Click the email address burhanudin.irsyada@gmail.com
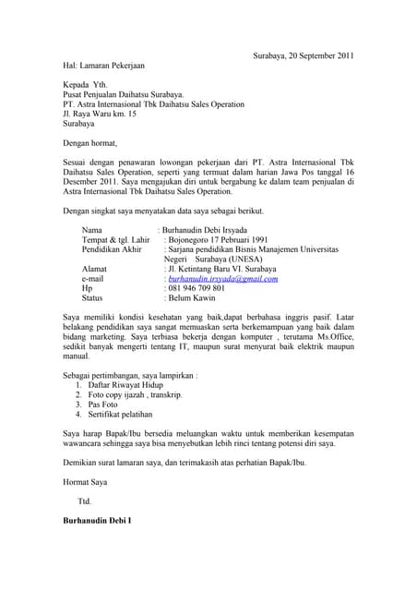221,277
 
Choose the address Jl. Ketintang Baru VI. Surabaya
226,268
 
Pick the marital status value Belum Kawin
193,298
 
